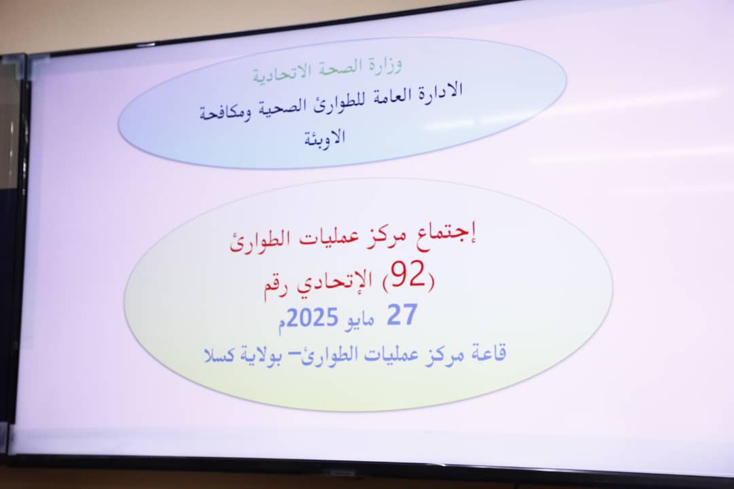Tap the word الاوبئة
tap(325, 137)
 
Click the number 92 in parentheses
tap(408, 274)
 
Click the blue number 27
tap(402, 315)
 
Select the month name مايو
tap(359, 321)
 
